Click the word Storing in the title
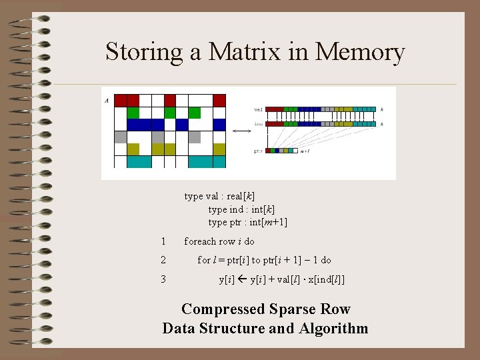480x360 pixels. coord(145,52)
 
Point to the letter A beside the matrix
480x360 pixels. coord(107,101)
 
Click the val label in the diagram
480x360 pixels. coord(258,109)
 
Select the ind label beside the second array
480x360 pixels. coord(258,124)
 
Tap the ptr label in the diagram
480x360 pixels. coord(258,151)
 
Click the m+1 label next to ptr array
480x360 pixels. coord(305,151)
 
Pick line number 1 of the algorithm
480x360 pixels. coord(163,241)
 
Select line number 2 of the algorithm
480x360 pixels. coord(163,260)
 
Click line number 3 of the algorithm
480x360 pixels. coord(163,279)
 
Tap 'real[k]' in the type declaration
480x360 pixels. coord(241,196)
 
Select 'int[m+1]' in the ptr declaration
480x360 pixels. coord(267,223)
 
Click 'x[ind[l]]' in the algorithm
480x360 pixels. coord(322,279)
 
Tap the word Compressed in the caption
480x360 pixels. coord(224,309)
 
